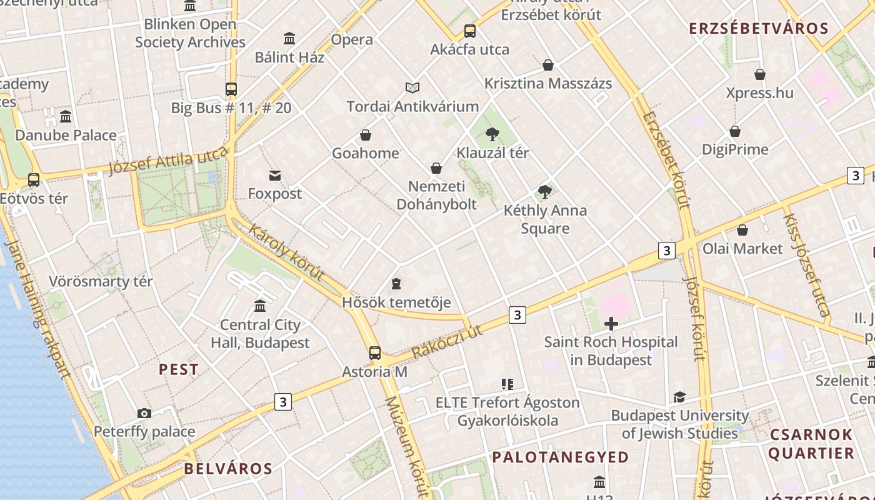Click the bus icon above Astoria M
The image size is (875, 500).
click(x=374, y=352)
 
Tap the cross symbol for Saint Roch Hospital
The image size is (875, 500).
click(x=611, y=323)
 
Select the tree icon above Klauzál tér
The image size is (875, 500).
click(x=492, y=133)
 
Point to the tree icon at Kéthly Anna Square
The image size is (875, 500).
click(x=545, y=191)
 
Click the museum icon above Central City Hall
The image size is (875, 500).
click(x=260, y=306)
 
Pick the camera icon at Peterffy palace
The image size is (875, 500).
click(x=144, y=413)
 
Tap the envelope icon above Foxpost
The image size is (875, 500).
click(x=275, y=175)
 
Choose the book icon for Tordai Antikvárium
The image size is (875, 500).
click(x=412, y=87)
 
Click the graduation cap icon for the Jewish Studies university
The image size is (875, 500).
click(x=679, y=397)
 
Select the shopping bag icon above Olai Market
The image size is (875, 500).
click(x=742, y=229)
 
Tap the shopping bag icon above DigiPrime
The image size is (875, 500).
click(x=735, y=131)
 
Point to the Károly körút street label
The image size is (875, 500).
click(x=286, y=252)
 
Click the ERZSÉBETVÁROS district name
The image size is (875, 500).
click(x=758, y=28)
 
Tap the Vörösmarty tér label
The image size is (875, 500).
click(x=101, y=281)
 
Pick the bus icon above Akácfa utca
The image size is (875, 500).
click(x=470, y=31)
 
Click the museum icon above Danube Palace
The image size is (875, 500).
click(x=66, y=116)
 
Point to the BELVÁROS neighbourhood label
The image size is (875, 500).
click(x=228, y=469)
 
